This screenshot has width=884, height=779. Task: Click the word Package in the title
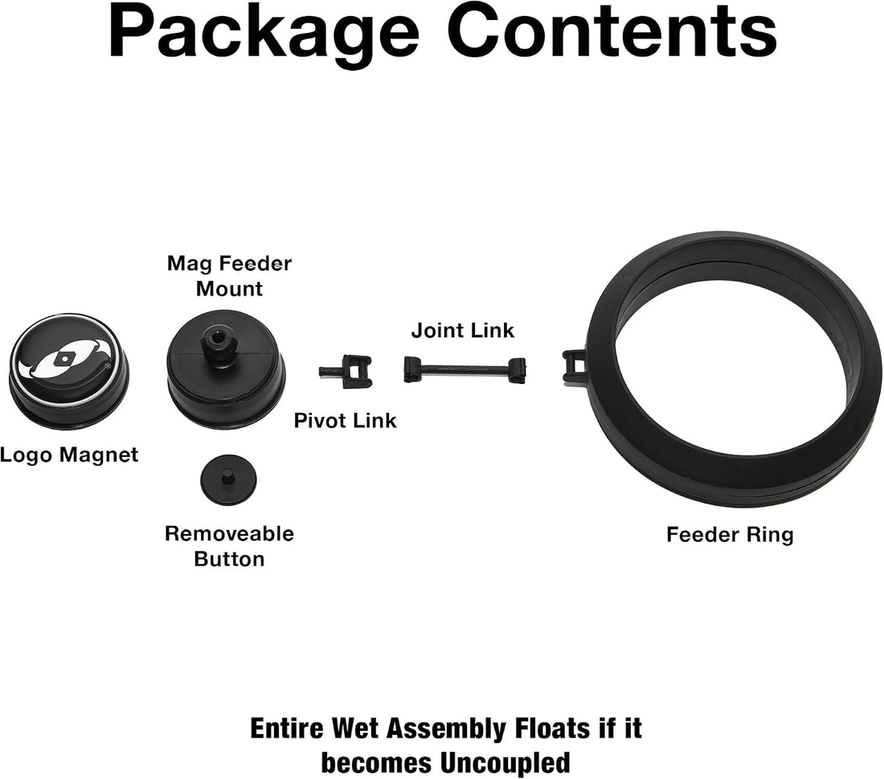264,35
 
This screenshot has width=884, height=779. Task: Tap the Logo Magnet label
69,455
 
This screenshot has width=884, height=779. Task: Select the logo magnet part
69,371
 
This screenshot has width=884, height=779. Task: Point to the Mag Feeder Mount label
230,276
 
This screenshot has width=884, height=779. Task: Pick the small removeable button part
228,479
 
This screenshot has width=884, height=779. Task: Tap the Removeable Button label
230,546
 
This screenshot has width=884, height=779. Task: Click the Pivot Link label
345,421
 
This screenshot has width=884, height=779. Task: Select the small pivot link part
345,371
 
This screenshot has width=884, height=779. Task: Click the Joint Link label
463,331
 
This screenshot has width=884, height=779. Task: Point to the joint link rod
465,370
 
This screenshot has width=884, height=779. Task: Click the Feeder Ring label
730,535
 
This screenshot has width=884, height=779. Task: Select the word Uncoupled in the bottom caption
505,763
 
